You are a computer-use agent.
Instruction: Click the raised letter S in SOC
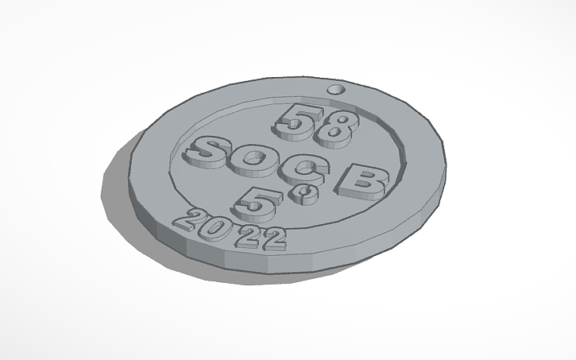click(x=207, y=150)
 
